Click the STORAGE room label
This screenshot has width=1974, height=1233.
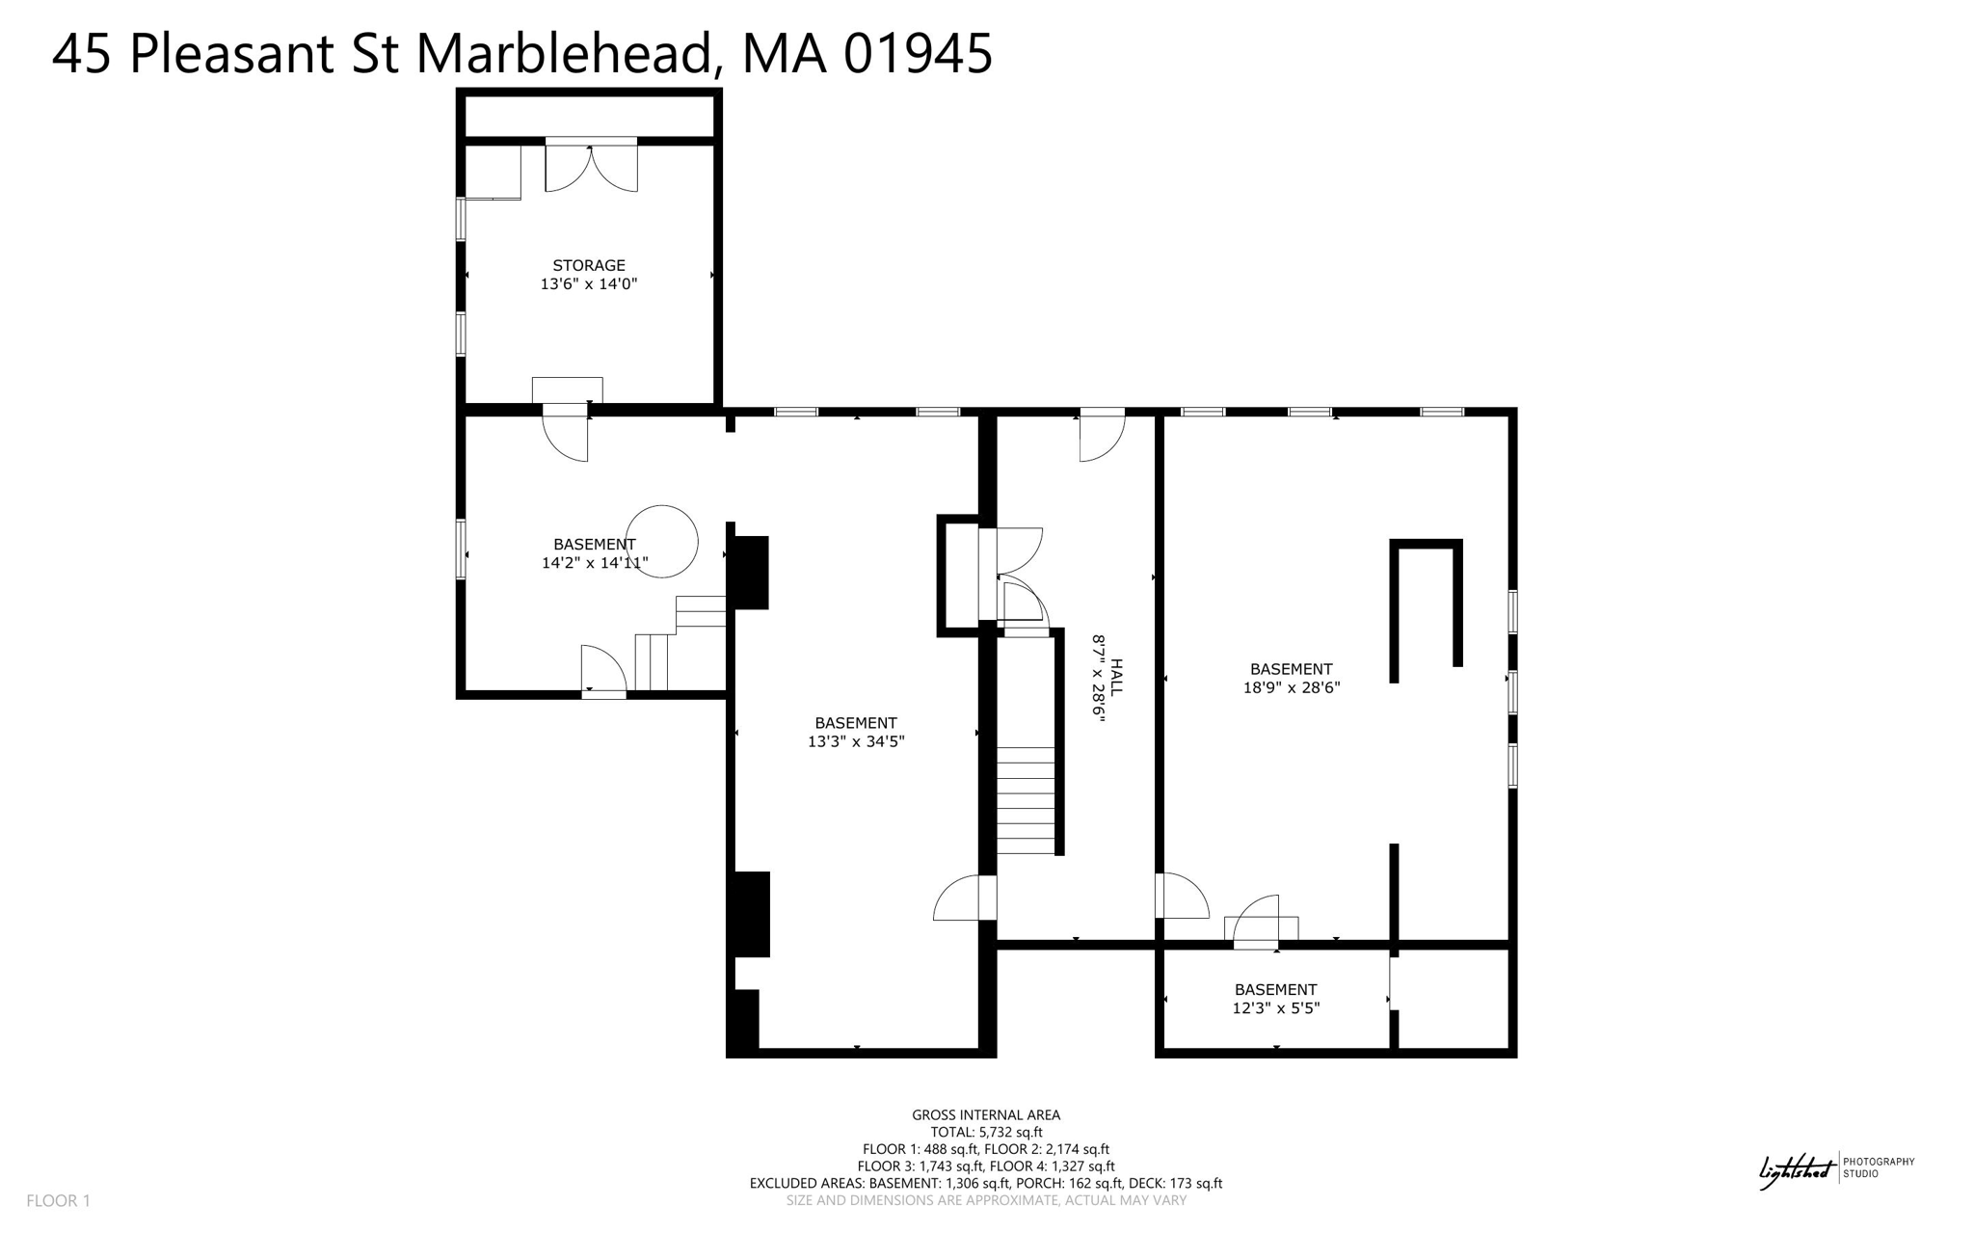588,265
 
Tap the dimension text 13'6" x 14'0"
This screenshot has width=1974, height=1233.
588,284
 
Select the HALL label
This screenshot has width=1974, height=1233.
1116,677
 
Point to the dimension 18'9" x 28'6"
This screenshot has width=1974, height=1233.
1291,687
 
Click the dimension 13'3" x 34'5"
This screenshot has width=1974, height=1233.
855,741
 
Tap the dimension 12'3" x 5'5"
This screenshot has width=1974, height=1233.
1275,1008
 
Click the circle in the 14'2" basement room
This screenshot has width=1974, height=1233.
661,541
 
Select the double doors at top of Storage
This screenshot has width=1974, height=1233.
591,166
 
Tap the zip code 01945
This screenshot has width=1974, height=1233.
918,53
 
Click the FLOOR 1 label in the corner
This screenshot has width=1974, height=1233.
58,1200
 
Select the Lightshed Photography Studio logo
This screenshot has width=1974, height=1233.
1836,1168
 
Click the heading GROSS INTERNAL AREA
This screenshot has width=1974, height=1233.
985,1115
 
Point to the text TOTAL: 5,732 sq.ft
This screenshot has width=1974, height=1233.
985,1133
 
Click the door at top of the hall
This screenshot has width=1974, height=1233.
1101,435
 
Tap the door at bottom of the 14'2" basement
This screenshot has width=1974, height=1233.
604,669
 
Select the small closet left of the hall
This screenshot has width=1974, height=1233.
959,576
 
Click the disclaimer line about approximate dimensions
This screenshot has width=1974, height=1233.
985,1201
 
